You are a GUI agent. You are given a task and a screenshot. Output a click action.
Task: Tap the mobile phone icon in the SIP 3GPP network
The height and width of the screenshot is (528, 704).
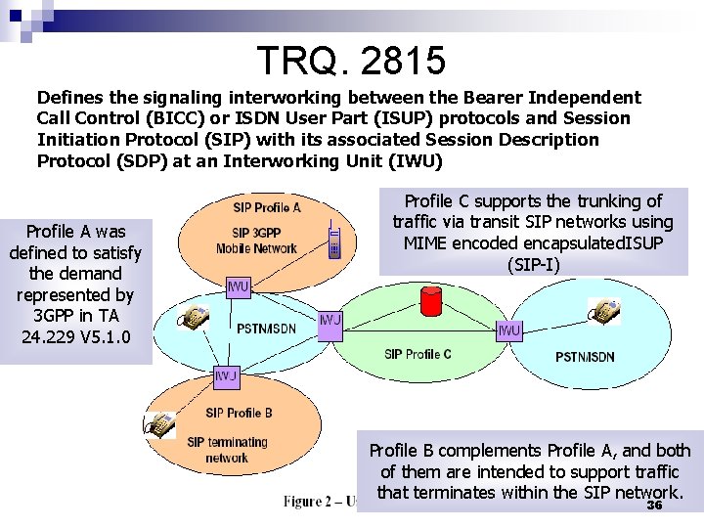(334, 241)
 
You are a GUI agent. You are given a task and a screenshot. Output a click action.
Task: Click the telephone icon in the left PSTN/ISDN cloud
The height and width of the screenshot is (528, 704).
(195, 316)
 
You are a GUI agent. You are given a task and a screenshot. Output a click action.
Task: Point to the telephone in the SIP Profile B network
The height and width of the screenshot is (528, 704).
(159, 423)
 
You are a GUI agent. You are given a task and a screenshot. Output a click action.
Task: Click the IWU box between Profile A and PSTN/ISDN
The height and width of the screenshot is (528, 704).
(238, 287)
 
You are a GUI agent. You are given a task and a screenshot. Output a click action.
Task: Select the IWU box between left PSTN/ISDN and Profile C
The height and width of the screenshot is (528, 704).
(330, 321)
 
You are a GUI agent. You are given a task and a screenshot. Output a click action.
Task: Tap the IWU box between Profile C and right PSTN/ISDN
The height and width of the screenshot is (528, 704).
(508, 330)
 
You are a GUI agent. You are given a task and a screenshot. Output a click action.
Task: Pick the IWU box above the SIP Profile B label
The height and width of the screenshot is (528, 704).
(227, 375)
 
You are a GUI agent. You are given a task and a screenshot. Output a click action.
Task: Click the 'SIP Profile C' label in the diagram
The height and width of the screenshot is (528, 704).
(418, 354)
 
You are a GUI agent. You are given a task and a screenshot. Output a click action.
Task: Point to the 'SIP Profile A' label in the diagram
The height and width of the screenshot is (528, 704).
(267, 207)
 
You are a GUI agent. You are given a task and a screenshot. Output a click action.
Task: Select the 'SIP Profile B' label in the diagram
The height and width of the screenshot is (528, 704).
(239, 413)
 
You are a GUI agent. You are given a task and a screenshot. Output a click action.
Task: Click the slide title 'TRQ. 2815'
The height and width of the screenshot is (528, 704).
(352, 61)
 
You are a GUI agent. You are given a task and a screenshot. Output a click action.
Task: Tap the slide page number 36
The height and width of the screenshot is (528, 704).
(654, 506)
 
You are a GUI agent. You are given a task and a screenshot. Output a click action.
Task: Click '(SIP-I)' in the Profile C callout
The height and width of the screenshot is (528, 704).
(533, 264)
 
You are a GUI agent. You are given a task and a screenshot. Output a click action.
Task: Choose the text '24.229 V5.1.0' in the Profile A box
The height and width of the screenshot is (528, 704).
(75, 337)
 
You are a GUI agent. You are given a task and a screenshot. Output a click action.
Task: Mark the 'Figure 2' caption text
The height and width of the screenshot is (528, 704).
(318, 502)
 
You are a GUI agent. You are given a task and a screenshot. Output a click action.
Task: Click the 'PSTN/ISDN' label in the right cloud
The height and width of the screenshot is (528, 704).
(585, 357)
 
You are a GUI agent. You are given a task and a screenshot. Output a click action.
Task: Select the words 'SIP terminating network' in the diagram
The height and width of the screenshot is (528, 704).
(226, 450)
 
